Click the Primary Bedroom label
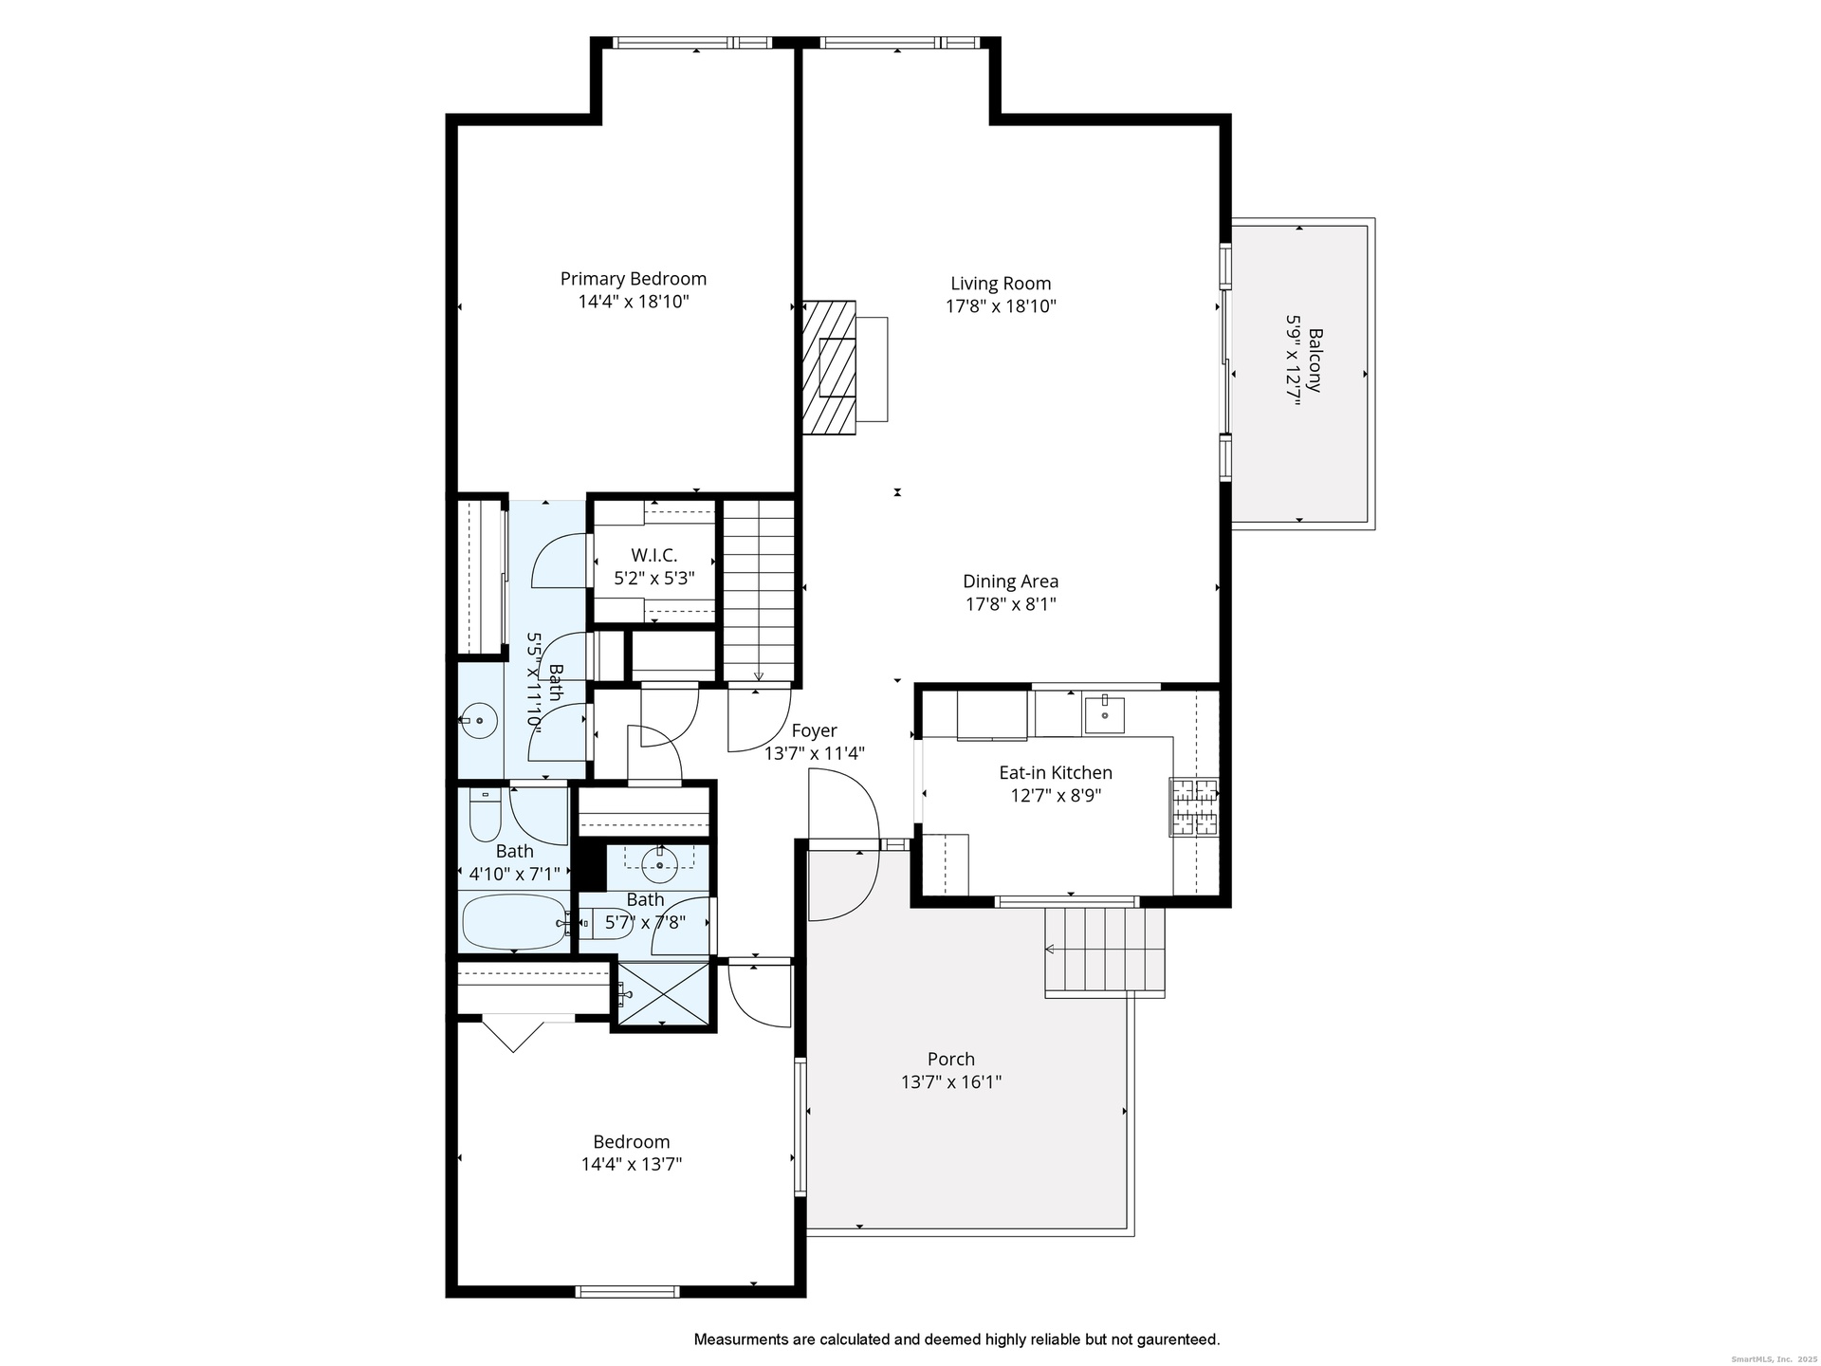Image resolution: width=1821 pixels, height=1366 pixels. pyautogui.click(x=633, y=279)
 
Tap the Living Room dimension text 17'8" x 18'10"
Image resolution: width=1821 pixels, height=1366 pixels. pyautogui.click(x=1001, y=306)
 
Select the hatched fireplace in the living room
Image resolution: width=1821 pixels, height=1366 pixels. pyautogui.click(x=829, y=367)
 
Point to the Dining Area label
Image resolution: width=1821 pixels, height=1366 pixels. pyautogui.click(x=1010, y=581)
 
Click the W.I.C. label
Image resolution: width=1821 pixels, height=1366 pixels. pyautogui.click(x=654, y=556)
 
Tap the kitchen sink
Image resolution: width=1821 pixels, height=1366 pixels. pyautogui.click(x=1104, y=715)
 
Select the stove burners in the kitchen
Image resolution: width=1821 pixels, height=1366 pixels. pyautogui.click(x=1194, y=807)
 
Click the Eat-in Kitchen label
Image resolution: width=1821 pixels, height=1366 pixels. pyautogui.click(x=1055, y=773)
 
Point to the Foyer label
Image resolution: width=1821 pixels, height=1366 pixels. pyautogui.click(x=814, y=730)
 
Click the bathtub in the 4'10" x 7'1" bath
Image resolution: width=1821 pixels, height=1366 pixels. pyautogui.click(x=514, y=921)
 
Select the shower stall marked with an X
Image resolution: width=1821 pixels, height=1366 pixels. pyautogui.click(x=663, y=993)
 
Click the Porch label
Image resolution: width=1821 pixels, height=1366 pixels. pyautogui.click(x=950, y=1059)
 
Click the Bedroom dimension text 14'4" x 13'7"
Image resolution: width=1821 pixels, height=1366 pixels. pyautogui.click(x=632, y=1164)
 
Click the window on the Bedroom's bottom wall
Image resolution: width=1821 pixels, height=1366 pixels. pyautogui.click(x=627, y=1291)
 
